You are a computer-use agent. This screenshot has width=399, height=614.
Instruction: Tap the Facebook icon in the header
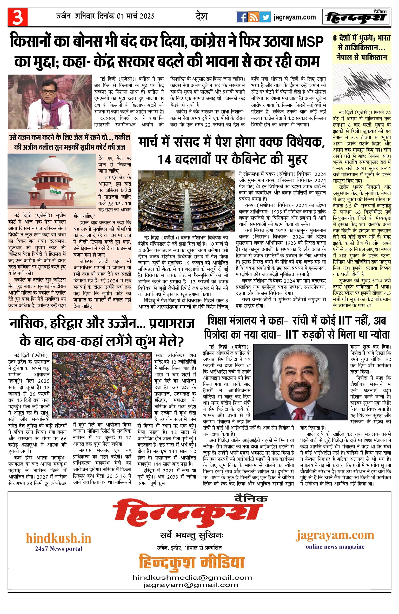(x=242, y=17)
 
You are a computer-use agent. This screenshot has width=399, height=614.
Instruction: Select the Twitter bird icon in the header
(x=265, y=17)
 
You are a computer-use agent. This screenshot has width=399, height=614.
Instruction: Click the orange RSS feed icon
(x=253, y=17)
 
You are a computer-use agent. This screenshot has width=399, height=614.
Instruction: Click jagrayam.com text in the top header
(x=295, y=17)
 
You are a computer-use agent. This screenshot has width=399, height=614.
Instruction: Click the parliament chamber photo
(x=186, y=201)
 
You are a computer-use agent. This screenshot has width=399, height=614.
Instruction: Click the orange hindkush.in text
(x=58, y=538)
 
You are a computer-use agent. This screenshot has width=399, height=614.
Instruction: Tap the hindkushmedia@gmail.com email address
(x=192, y=578)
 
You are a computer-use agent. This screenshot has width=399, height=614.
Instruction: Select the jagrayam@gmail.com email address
(x=190, y=585)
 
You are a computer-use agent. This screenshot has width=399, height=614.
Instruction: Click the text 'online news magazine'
(x=335, y=547)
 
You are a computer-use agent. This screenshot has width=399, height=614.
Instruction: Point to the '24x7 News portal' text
(x=58, y=549)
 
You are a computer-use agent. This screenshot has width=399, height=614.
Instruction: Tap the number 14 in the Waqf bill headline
(x=165, y=160)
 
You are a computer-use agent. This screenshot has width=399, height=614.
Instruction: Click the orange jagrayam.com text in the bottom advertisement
(x=335, y=536)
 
